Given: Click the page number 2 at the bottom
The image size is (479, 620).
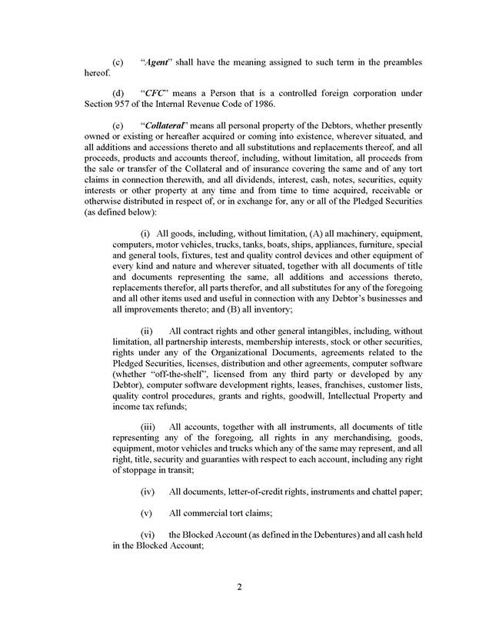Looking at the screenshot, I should pos(239,588).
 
